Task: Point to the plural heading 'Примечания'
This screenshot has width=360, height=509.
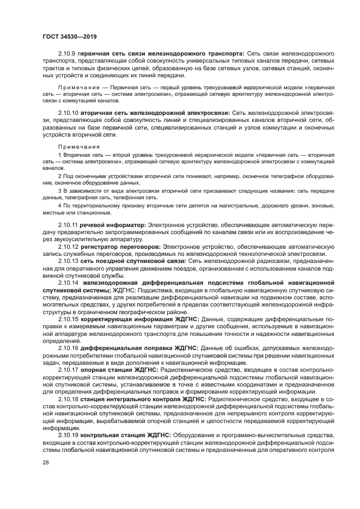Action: (79, 146)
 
